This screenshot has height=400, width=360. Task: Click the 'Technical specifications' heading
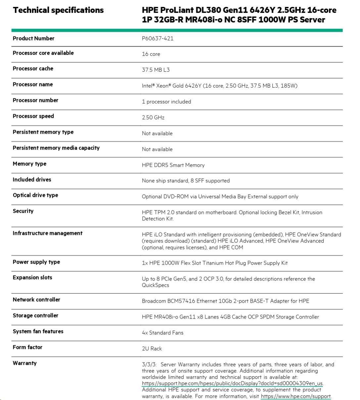tap(58, 10)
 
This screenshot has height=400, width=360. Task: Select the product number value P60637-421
tap(157, 38)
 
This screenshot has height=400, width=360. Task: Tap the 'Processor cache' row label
tap(33, 68)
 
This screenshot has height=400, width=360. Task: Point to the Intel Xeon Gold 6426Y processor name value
tap(219, 86)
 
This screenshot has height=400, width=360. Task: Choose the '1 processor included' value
tap(166, 102)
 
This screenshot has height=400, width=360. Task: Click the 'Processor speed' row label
tap(33, 116)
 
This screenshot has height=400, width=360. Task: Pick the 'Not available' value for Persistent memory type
tap(157, 133)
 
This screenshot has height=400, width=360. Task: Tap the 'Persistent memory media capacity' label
tap(56, 148)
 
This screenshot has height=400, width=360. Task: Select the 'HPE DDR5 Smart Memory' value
tap(173, 165)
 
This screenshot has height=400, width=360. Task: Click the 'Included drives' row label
tap(32, 180)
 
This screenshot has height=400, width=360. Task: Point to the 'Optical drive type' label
tap(35, 195)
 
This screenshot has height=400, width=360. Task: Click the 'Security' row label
tap(23, 211)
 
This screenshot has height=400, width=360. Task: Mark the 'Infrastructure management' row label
tap(47, 233)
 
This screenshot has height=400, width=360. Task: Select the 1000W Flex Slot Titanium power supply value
tap(215, 263)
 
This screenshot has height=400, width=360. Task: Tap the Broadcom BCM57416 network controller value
tap(225, 301)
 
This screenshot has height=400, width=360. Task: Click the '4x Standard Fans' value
tap(162, 333)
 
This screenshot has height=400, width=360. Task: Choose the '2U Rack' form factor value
tap(152, 349)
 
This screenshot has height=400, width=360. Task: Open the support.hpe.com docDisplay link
tap(232, 383)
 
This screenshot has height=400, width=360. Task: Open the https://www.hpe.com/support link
tap(296, 396)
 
